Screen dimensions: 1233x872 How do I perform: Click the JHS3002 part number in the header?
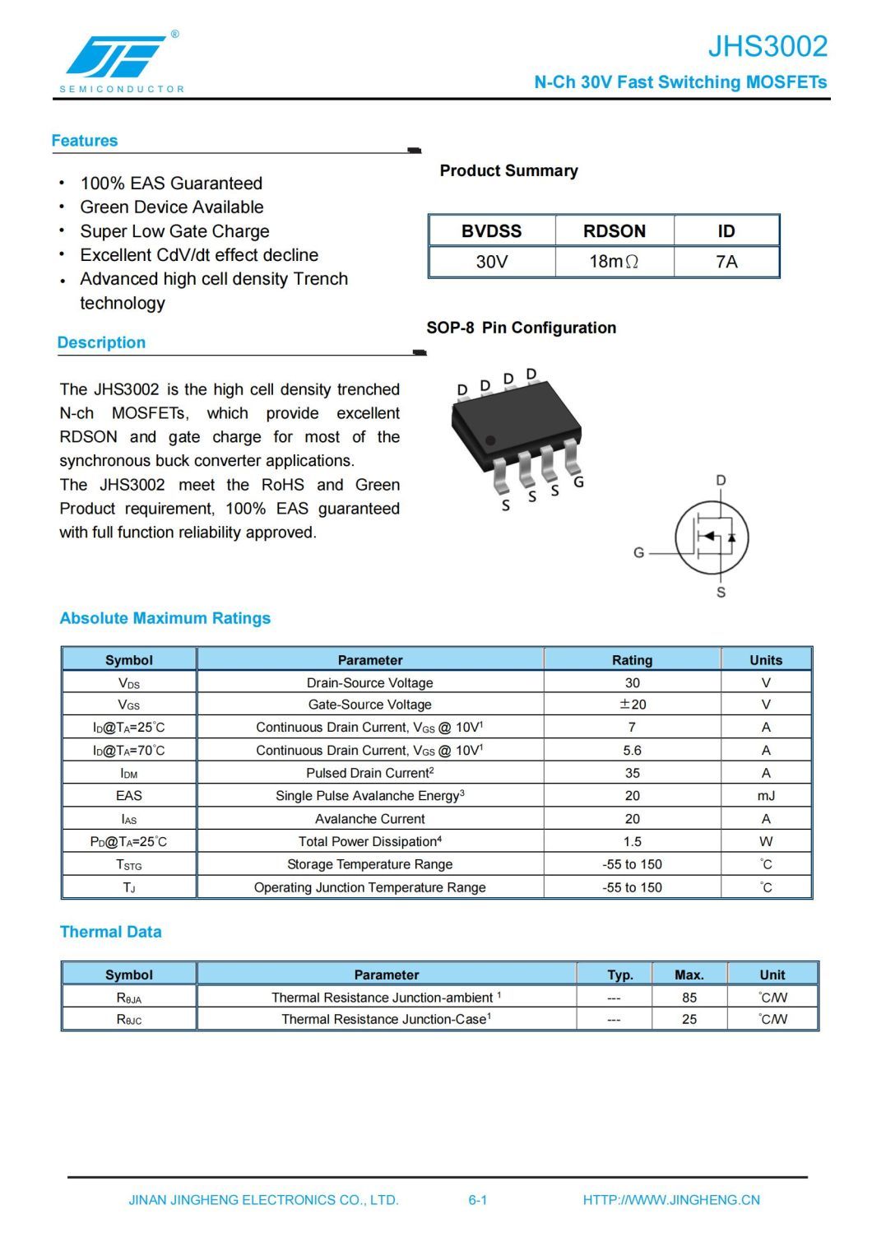click(768, 46)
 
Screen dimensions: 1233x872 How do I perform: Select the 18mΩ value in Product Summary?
click(614, 262)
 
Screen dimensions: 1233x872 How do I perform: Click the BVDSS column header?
click(491, 231)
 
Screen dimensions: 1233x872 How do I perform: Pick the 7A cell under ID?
click(726, 262)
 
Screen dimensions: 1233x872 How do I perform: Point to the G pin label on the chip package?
click(578, 482)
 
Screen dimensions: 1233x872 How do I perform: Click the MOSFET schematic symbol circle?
click(712, 537)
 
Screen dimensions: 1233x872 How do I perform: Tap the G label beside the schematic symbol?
click(638, 553)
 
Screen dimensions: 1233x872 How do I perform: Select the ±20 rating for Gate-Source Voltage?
click(632, 705)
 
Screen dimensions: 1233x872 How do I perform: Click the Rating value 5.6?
click(632, 751)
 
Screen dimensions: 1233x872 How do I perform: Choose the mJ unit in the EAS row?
click(766, 796)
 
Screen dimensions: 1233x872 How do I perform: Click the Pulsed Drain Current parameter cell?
click(369, 773)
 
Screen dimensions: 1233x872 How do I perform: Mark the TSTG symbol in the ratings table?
click(129, 865)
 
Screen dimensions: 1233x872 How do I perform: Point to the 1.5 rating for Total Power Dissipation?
click(632, 842)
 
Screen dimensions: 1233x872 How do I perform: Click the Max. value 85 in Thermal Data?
click(689, 998)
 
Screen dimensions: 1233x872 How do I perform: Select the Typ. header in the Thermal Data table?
click(620, 975)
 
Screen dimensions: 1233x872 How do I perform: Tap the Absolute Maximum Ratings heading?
click(165, 618)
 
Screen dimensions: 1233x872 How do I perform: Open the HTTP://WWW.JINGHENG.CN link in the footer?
click(671, 1200)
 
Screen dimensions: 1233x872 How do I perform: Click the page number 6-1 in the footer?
click(478, 1200)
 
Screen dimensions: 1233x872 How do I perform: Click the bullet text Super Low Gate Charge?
click(174, 231)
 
